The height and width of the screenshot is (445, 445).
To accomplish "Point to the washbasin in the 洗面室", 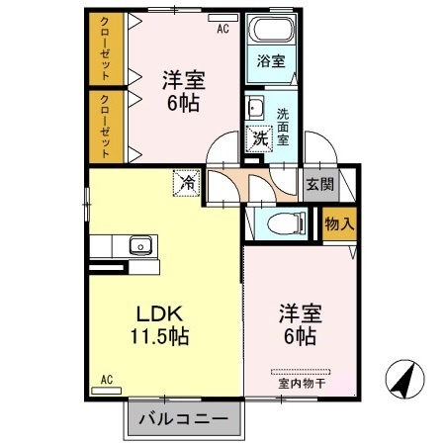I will point(255,109).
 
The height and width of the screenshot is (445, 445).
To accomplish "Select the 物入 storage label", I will point(339,224).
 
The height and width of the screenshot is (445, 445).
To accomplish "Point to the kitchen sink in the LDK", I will point(137,245).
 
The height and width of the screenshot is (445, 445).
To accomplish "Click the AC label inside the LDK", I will point(106,380).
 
